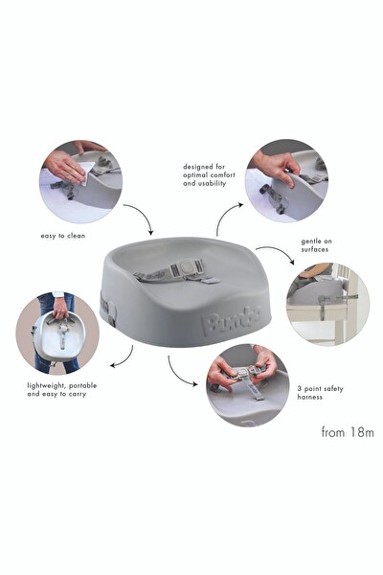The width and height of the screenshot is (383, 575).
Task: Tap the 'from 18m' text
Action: tap(344, 431)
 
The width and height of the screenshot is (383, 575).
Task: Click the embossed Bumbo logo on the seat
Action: tap(227, 318)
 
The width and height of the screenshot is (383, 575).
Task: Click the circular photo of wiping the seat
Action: tap(80, 181)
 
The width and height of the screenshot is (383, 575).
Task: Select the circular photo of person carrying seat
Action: tap(57, 333)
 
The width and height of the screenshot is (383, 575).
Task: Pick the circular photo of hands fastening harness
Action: tap(248, 384)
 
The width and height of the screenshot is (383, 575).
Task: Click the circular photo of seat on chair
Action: tap(328, 304)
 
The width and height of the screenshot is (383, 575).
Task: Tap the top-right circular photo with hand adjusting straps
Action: tap(286, 181)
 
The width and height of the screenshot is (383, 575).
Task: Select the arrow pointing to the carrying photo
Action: tap(122, 357)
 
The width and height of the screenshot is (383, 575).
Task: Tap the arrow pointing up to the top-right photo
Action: tap(227, 217)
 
